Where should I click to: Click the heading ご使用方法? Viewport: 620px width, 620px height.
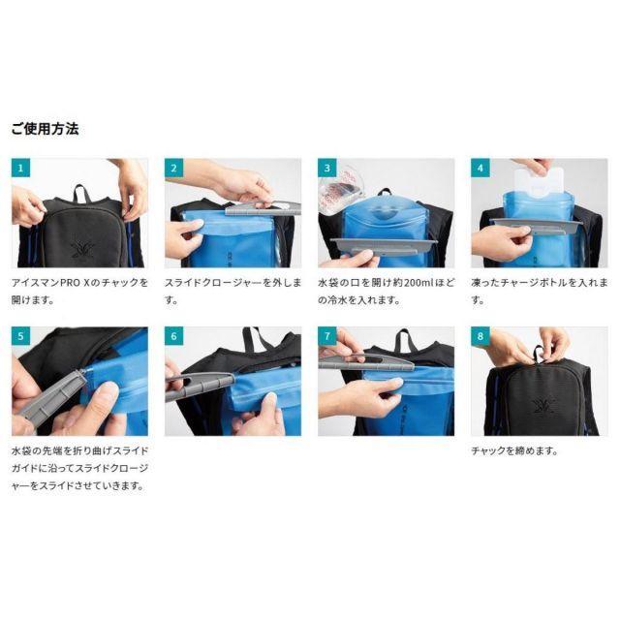pos(45,128)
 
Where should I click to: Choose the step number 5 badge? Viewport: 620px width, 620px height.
pos(21,337)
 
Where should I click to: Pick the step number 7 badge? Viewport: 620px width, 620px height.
pos(327,337)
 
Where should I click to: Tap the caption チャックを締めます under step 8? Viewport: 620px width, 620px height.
pos(513,450)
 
